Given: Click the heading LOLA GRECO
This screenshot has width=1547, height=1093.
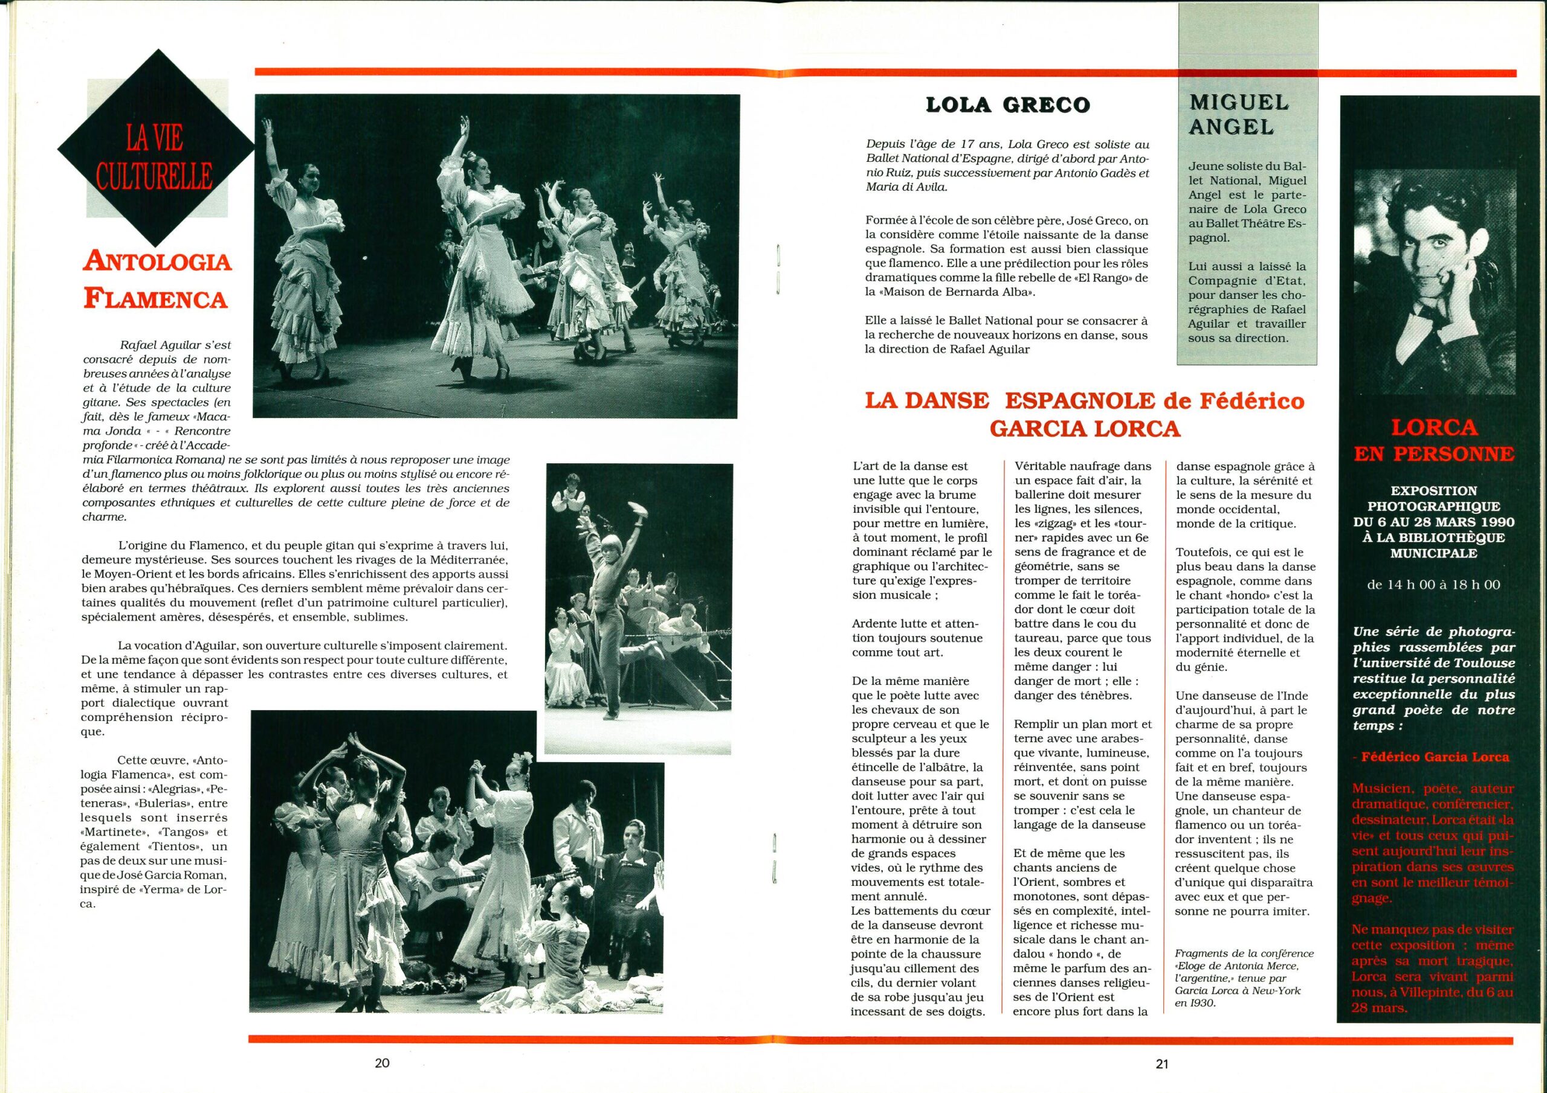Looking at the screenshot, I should pos(1008,106).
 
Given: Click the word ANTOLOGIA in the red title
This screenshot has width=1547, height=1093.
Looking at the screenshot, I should pos(157,261).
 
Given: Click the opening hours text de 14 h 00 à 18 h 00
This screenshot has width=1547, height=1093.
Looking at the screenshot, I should pos(1428,585).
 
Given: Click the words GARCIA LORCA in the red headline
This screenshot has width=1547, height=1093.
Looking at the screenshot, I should pos(1084,428).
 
